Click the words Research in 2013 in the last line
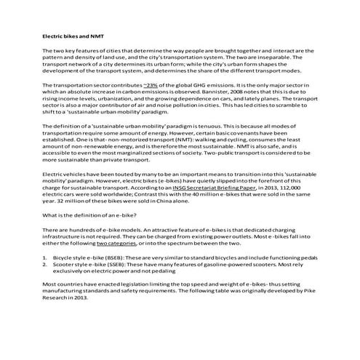click(65, 297)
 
